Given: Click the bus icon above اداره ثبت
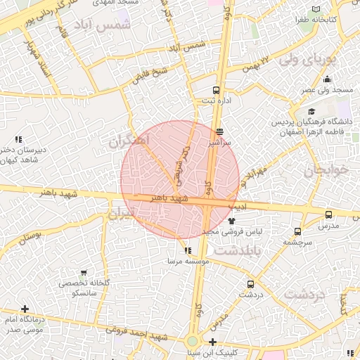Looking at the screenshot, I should tap(216, 90).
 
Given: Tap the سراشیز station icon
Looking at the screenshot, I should tap(220, 131).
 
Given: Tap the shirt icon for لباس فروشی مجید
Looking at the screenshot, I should tap(232, 220).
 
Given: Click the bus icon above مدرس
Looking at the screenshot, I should tap(328, 215).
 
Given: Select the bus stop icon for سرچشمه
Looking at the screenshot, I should tap(298, 231).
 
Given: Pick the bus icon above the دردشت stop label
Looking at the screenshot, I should tap(250, 285).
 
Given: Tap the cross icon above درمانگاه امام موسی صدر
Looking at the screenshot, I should tap(25, 309).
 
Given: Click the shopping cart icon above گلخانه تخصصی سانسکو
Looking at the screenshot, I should tap(84, 272).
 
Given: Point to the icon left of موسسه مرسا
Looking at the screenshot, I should tap(186, 250).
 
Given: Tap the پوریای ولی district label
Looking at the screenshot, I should tap(309, 61).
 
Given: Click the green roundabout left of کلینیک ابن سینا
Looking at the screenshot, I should tap(192, 342).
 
